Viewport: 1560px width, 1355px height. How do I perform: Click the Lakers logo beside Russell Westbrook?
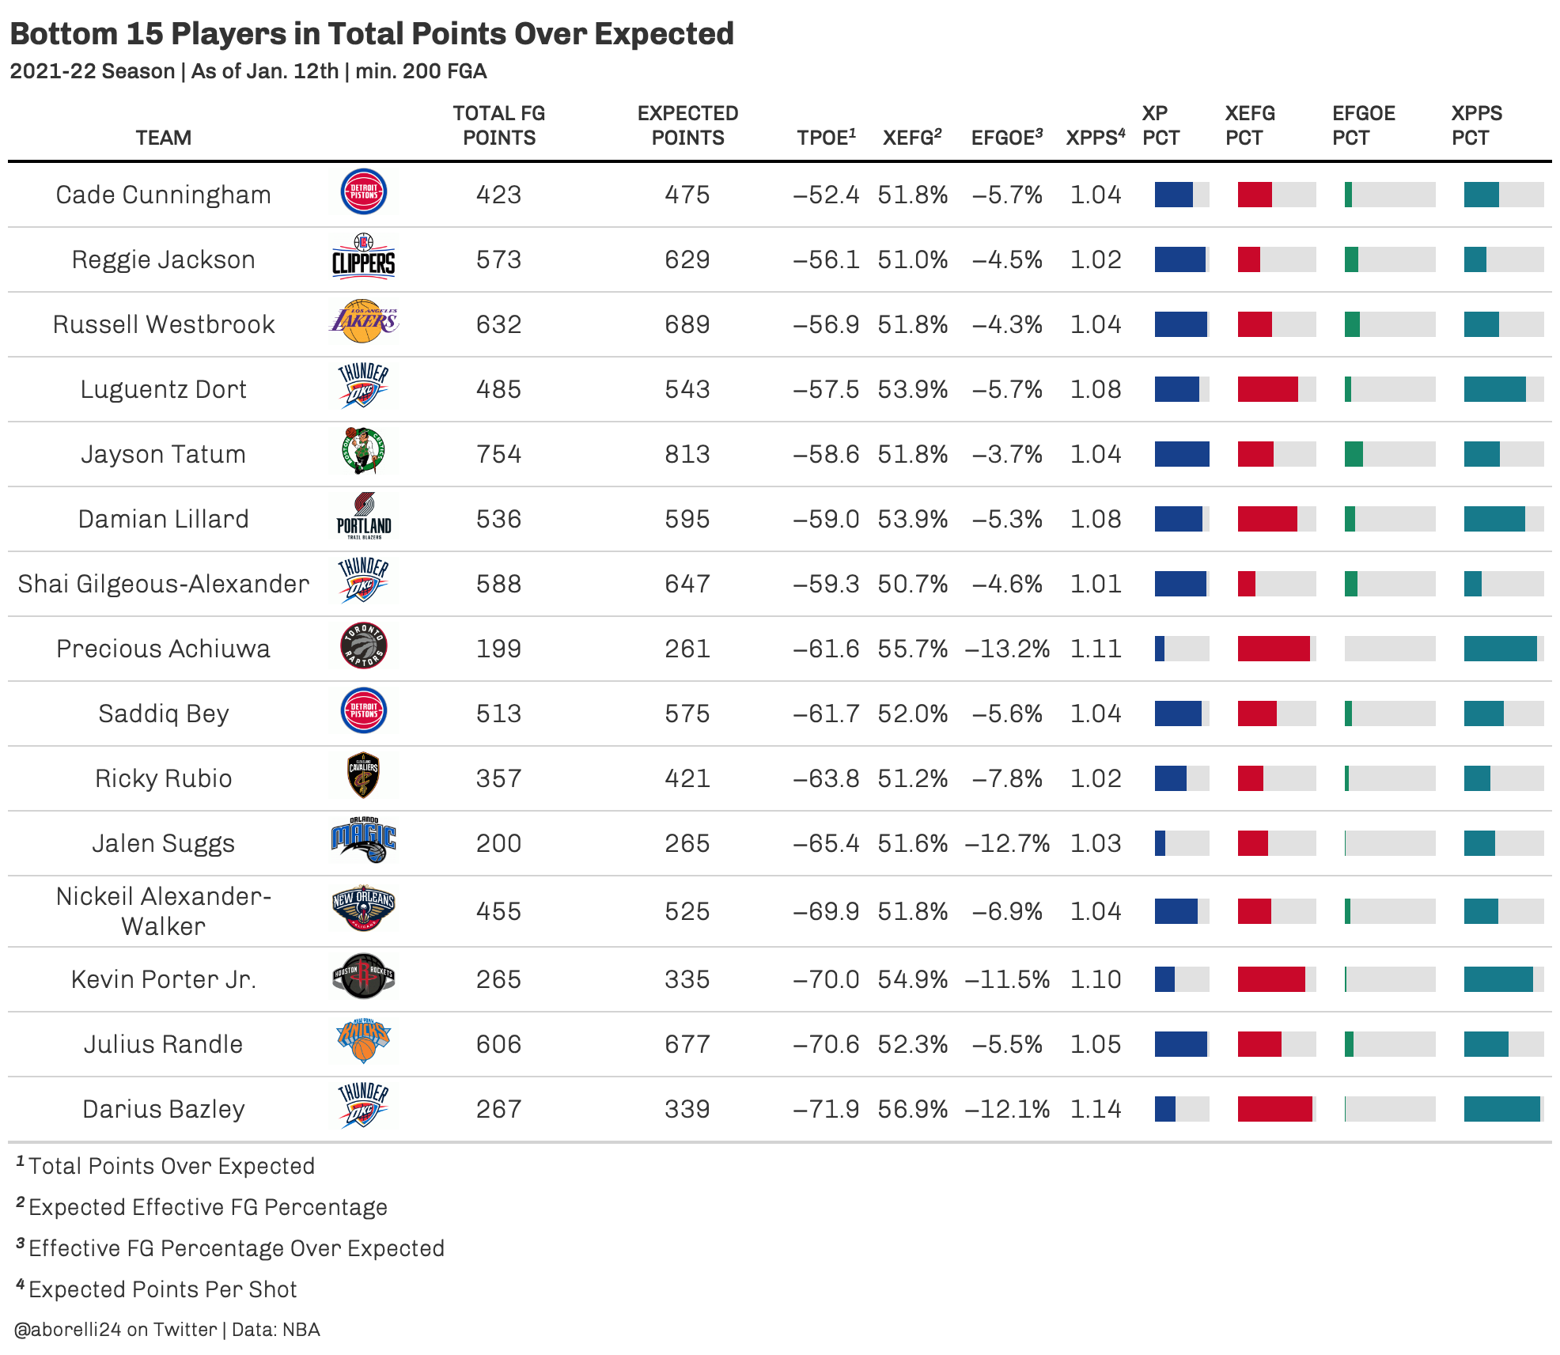click(364, 321)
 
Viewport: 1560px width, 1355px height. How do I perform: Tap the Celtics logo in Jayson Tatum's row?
click(364, 451)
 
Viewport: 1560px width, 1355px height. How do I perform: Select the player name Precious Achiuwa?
click(163, 649)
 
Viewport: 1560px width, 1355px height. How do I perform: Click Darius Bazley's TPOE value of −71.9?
click(826, 1109)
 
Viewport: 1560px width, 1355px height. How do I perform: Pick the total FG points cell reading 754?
click(498, 454)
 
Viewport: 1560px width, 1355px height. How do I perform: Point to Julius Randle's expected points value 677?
click(687, 1044)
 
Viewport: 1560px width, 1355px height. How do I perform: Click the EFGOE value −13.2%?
click(1007, 649)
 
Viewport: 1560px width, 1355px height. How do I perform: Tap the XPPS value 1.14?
click(1096, 1109)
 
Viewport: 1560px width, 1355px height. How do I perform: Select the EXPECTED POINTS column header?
click(687, 126)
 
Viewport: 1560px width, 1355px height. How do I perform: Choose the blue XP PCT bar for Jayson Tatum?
click(1182, 454)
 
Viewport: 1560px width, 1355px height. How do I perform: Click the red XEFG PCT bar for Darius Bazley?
click(1274, 1109)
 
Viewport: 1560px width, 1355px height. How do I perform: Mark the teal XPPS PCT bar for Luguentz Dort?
click(1494, 389)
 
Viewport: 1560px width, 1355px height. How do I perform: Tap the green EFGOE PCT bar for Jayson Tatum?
click(1354, 454)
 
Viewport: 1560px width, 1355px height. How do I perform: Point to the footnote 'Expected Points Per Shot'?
click(162, 1289)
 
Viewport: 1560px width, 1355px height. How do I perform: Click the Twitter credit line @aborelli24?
click(167, 1330)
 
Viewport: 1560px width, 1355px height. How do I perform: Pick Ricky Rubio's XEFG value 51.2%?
click(912, 778)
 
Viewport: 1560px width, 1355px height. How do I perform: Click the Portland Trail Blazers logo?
click(364, 516)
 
